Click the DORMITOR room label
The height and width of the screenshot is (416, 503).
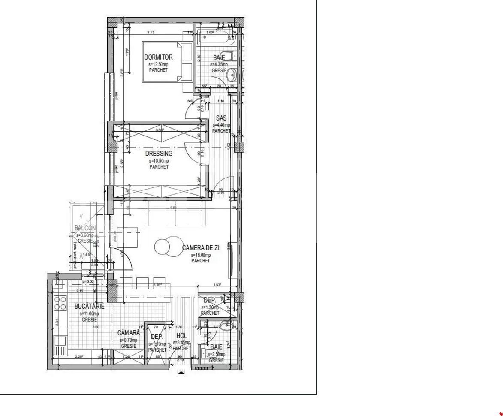[x=158, y=57]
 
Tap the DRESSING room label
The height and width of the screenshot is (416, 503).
[x=159, y=154]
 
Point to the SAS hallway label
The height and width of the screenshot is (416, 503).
[x=221, y=118]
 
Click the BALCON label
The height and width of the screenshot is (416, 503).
[x=85, y=228]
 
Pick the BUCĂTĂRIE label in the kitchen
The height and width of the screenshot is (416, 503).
[x=89, y=307]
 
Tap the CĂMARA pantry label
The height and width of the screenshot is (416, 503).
[x=129, y=333]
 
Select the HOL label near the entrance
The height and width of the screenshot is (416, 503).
[x=181, y=336]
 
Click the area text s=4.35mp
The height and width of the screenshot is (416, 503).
[x=219, y=64]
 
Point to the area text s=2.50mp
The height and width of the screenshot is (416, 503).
[x=216, y=354]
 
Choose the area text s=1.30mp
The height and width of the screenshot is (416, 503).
[x=210, y=307]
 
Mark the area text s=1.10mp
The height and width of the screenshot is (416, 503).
[x=157, y=344]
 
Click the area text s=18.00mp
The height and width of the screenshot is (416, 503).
[x=201, y=255]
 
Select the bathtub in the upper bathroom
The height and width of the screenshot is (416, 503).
[x=217, y=37]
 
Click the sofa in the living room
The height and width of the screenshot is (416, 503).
[x=175, y=214]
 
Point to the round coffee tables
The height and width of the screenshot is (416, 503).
[x=165, y=245]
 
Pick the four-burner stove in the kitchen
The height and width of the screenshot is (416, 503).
[x=60, y=303]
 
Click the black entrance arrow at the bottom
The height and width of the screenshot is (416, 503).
[x=181, y=373]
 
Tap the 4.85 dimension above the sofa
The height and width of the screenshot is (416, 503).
[x=173, y=207]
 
